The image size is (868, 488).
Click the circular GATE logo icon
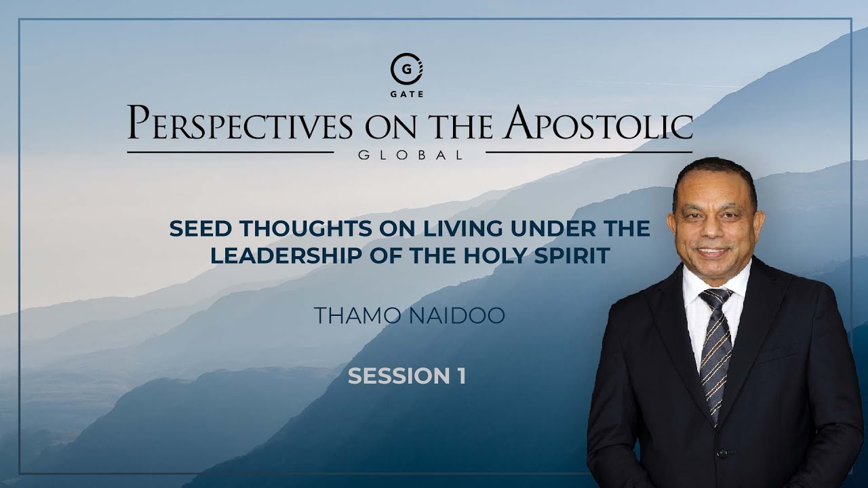[406, 69]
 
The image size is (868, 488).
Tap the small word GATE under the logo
[407, 94]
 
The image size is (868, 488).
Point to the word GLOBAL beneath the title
[410, 155]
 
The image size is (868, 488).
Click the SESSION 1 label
[407, 377]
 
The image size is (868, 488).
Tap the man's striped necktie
[716, 352]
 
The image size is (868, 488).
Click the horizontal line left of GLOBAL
[231, 152]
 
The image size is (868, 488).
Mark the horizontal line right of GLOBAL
[589, 152]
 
